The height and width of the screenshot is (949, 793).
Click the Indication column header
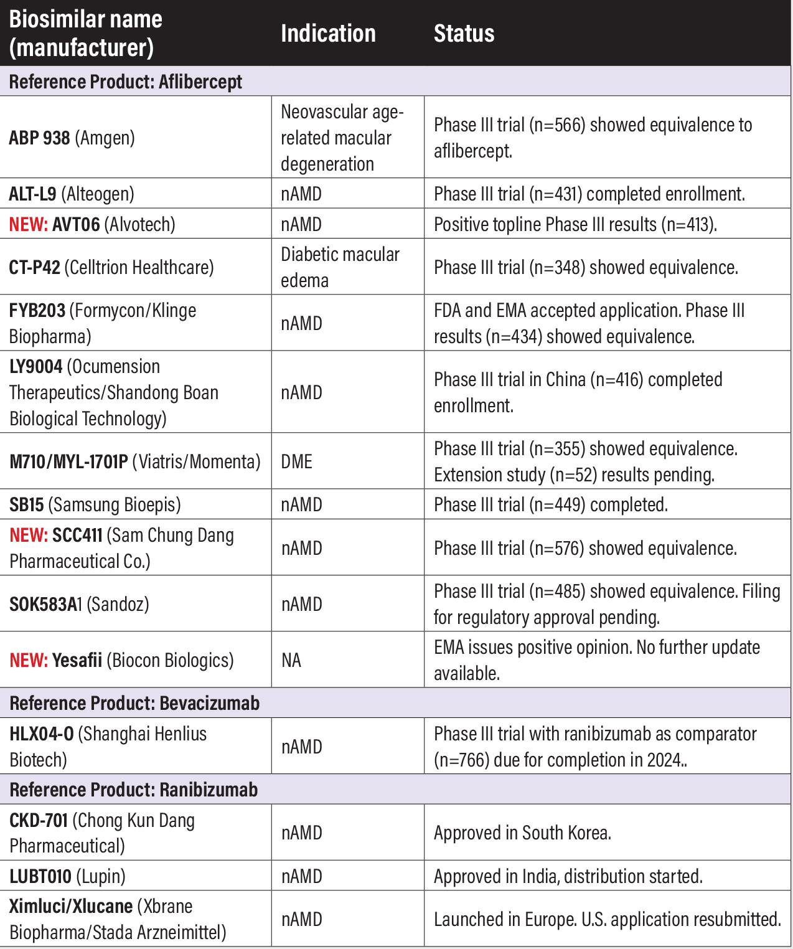coord(328,34)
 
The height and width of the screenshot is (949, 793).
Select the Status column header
coord(464,34)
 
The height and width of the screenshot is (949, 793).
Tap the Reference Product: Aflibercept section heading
coord(126,82)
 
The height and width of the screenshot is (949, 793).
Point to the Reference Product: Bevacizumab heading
coord(134,703)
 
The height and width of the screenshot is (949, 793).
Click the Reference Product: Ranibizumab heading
coord(133,790)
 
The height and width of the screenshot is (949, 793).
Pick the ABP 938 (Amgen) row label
coord(72,138)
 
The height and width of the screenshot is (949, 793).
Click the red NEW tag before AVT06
coord(28,224)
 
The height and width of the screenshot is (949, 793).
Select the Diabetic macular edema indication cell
coord(340,267)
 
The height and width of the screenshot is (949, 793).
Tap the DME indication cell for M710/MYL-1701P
coord(297,461)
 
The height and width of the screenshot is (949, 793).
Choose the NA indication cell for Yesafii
coord(291,660)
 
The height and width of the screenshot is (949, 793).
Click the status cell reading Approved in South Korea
coord(522,833)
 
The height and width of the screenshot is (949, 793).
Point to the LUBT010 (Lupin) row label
coord(67,876)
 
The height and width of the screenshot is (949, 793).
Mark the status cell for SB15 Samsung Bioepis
coord(550,504)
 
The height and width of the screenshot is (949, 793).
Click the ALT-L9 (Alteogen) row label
coord(72,194)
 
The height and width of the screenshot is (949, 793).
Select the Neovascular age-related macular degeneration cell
coord(342,138)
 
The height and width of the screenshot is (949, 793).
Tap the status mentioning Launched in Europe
coord(607,919)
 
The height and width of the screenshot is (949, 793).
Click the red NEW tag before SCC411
coord(28,536)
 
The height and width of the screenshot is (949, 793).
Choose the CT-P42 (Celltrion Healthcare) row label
coord(111,267)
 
